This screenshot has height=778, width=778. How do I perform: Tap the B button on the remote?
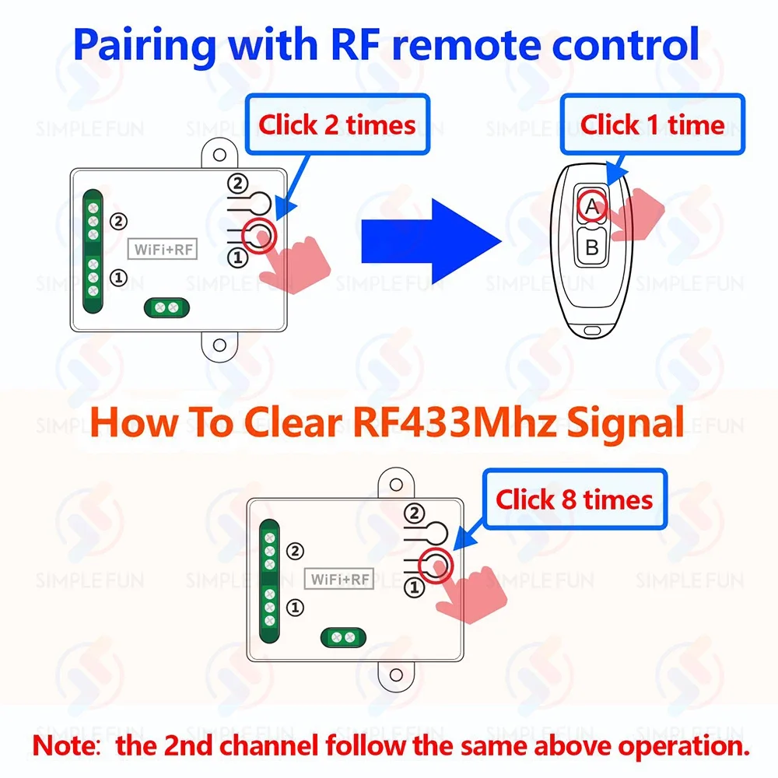pos(592,248)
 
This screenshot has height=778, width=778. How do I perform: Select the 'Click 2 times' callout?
pos(337,124)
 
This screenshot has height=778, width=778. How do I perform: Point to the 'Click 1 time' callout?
pos(652,124)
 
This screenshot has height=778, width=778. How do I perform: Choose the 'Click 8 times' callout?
pos(574,499)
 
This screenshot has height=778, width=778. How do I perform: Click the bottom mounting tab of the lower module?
pos(395,675)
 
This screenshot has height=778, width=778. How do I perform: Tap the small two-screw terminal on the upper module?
pos(166,308)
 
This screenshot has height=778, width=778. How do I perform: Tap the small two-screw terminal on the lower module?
pos(342,638)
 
